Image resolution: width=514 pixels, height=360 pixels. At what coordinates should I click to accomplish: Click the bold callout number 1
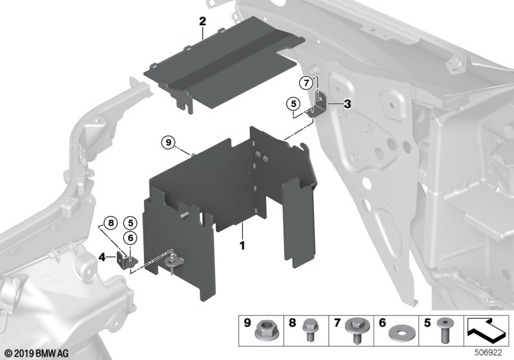pos(242,246)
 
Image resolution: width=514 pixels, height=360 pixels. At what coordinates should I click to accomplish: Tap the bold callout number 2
pos(202,22)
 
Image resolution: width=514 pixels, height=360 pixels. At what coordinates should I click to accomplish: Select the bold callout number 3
pos(347,104)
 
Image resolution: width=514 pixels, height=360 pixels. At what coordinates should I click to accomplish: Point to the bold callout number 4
pos(102,257)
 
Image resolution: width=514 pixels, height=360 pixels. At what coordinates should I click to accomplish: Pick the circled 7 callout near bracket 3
pos(307,82)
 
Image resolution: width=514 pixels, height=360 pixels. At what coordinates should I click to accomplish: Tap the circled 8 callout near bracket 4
pos(110,224)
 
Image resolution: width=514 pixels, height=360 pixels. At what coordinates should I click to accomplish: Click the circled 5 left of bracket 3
pos(292,103)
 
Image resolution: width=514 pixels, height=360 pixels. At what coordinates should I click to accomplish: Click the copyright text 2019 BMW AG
pos(30,353)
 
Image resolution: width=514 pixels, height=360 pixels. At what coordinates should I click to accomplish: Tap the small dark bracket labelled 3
pos(323,105)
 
